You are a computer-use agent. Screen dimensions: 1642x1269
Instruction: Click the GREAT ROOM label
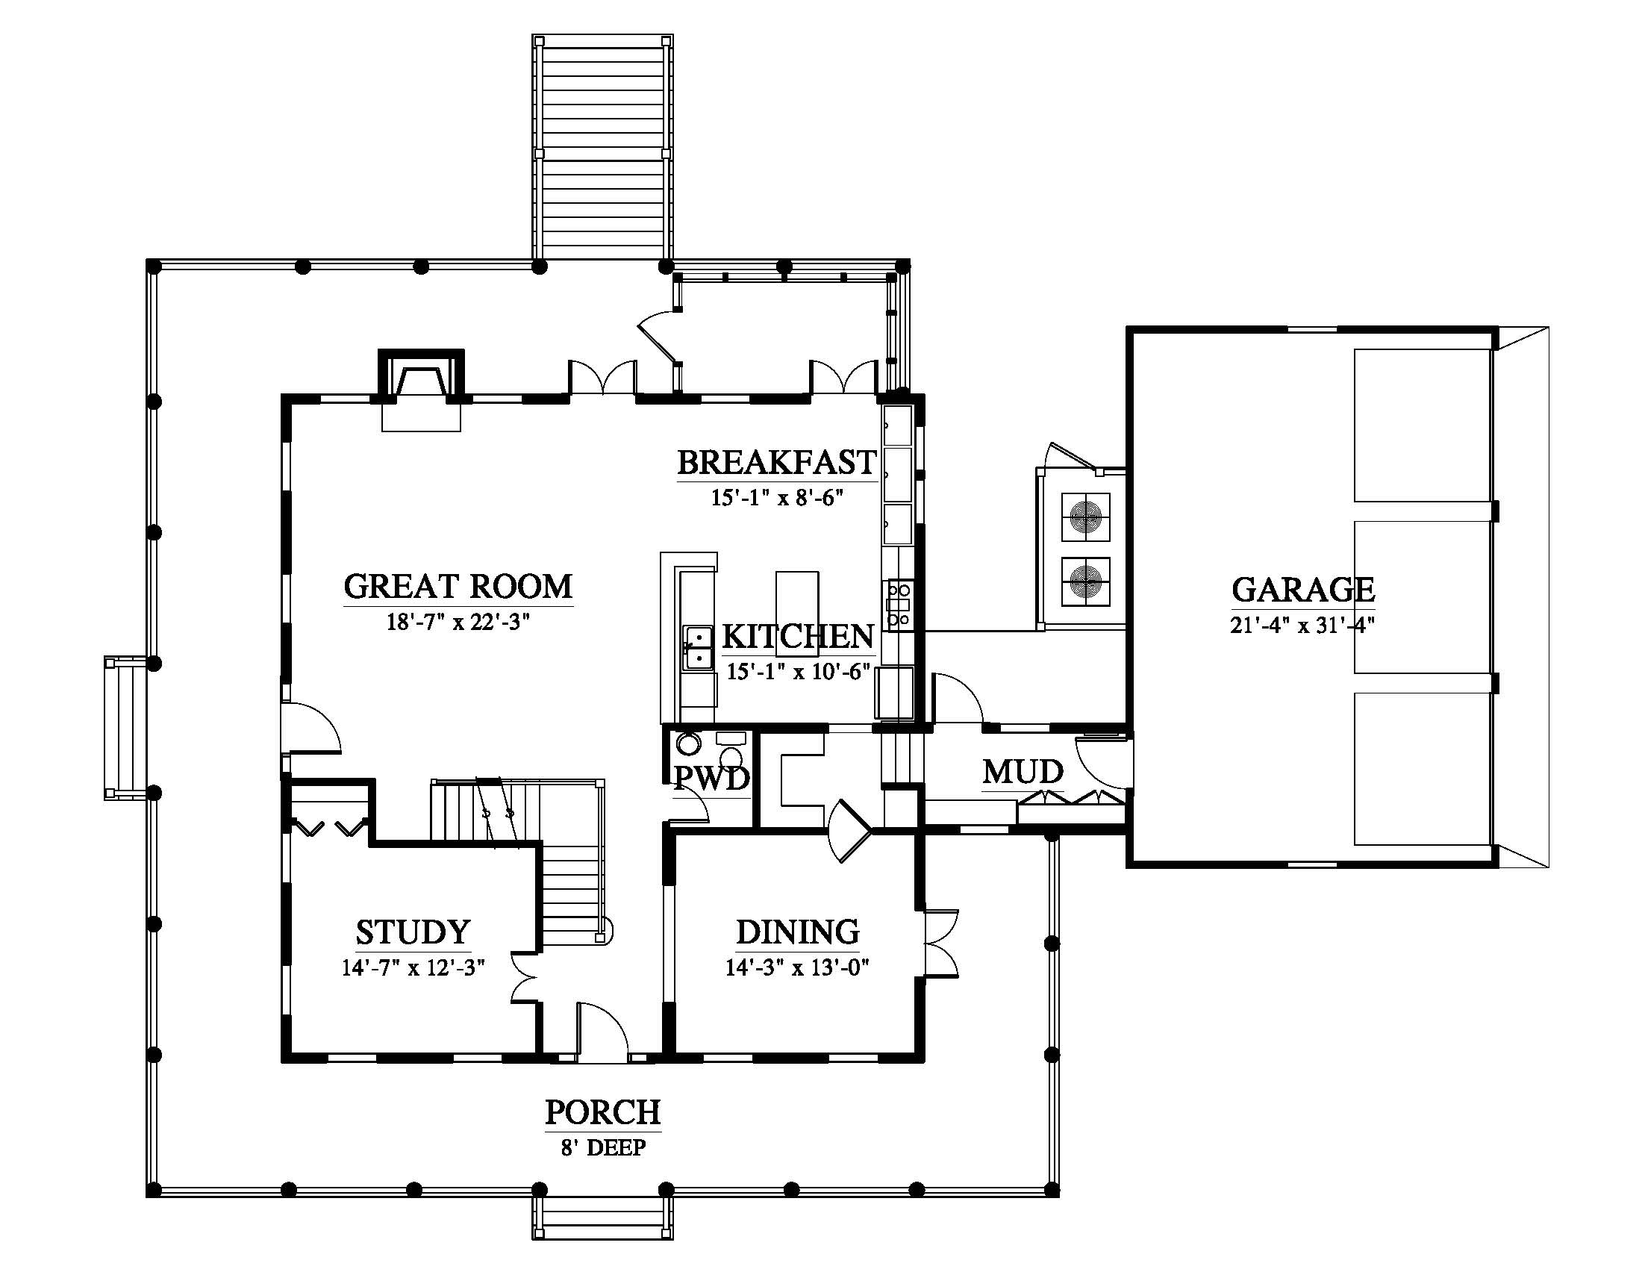(458, 587)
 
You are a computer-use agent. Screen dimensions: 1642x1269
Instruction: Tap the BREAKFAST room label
(777, 462)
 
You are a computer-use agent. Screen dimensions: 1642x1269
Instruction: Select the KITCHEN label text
(798, 637)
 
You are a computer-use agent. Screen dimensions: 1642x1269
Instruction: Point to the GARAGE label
(1303, 590)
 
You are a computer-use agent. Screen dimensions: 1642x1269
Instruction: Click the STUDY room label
(413, 932)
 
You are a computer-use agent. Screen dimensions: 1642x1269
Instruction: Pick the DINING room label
(798, 932)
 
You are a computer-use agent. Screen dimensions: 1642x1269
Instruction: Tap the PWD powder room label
(711, 779)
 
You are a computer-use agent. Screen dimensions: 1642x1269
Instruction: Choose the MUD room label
(1023, 772)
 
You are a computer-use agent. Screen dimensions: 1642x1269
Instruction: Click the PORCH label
(603, 1112)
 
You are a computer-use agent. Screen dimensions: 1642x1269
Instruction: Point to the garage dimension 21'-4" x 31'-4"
(1303, 625)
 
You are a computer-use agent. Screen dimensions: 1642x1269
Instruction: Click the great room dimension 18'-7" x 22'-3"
(458, 622)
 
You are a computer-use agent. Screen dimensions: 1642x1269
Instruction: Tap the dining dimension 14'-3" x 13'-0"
(798, 967)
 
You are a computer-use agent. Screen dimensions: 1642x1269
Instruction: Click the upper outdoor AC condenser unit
(1086, 517)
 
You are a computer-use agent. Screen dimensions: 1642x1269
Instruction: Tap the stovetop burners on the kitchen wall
(899, 605)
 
